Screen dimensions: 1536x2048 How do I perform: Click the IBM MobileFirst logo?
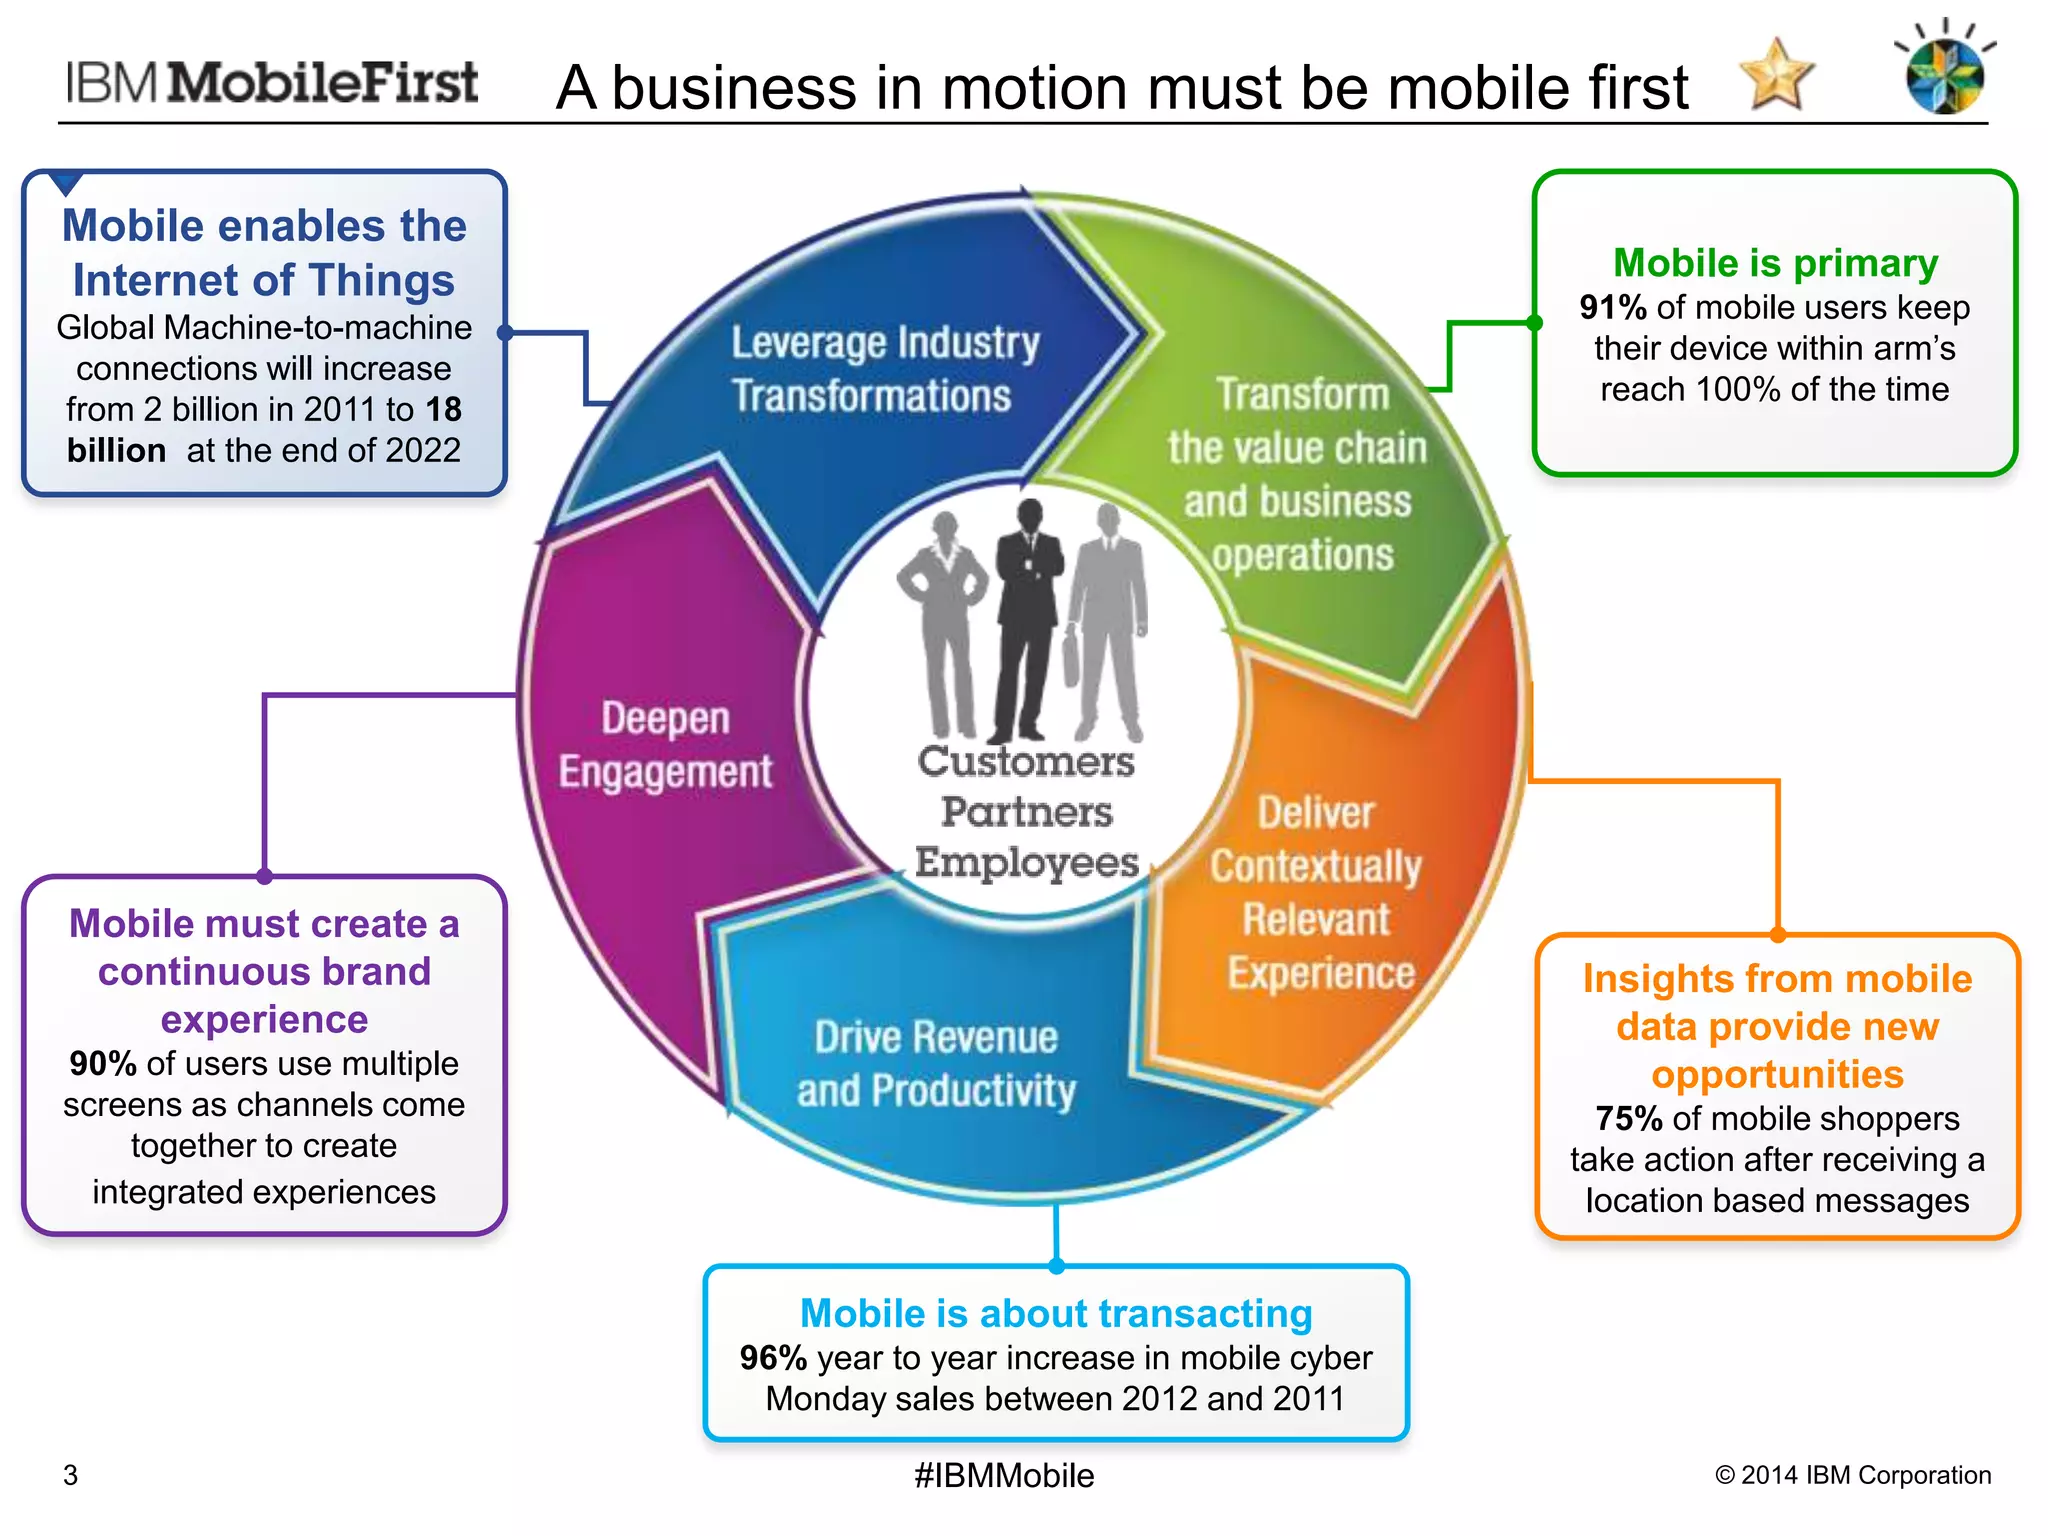272,83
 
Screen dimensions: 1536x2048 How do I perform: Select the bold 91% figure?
1613,307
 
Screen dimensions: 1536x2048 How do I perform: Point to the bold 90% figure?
102,1063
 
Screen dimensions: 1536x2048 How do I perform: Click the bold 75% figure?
1629,1118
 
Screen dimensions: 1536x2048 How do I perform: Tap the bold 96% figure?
773,1358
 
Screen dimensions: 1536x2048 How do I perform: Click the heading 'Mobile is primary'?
1775,263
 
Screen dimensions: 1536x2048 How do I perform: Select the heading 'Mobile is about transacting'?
1056,1313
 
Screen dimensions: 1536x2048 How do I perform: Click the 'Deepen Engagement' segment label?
666,745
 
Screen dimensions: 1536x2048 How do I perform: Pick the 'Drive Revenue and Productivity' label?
937,1064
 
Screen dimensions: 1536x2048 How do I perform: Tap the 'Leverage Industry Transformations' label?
885,369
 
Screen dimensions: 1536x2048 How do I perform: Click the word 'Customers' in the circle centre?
1026,762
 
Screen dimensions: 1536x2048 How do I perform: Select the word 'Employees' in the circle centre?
1027,862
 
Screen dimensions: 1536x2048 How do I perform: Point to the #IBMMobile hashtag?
1004,1475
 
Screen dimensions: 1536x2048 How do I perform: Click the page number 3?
70,1475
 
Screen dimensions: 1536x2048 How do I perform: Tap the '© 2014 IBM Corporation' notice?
1853,1475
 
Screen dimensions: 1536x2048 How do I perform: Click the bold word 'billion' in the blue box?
116,451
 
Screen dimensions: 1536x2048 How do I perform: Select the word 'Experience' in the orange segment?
1321,973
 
